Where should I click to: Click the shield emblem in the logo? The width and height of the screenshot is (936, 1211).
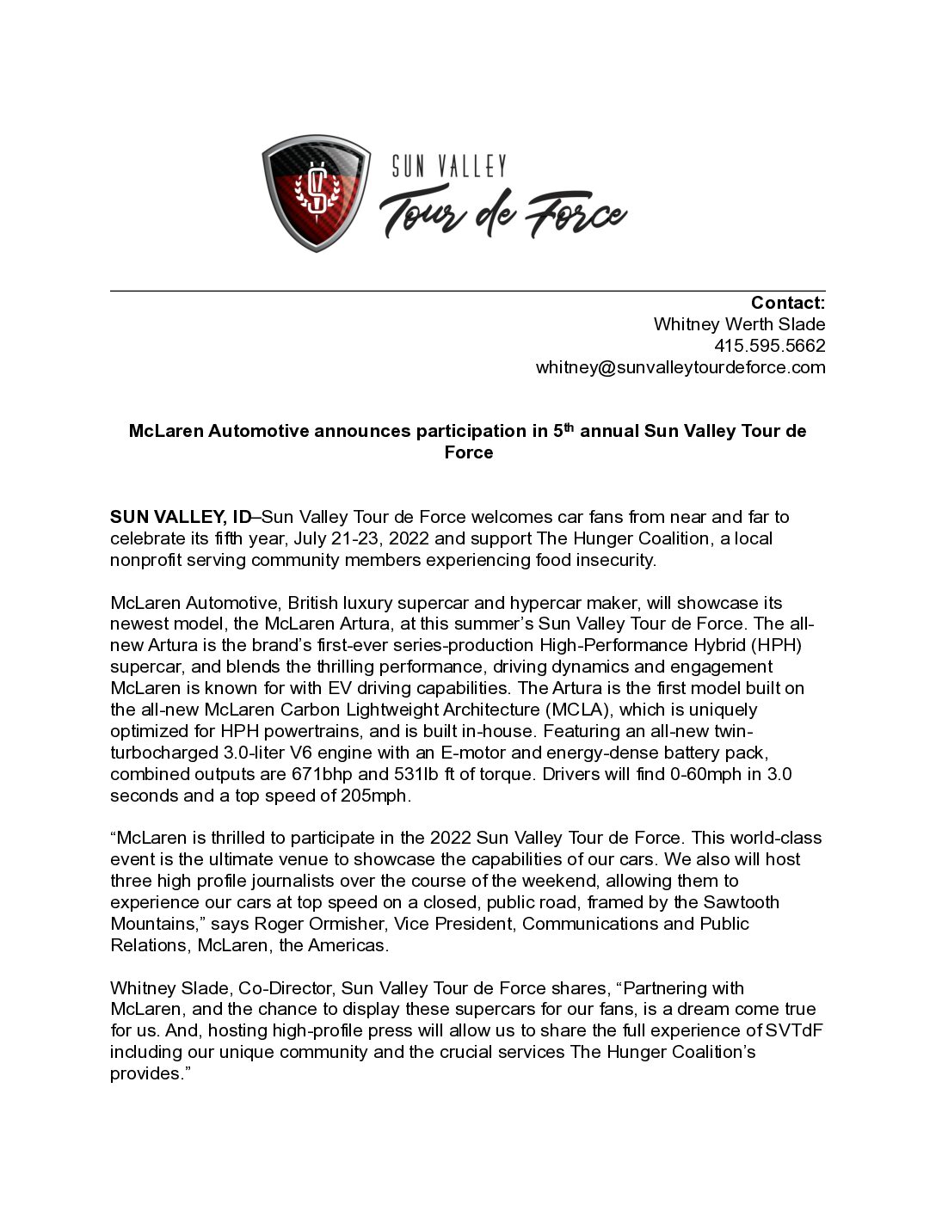pos(317,194)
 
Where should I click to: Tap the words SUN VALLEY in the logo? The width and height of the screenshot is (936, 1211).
pos(449,166)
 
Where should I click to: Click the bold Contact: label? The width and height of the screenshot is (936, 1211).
pos(787,303)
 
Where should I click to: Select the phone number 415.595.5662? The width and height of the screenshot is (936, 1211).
pos(769,346)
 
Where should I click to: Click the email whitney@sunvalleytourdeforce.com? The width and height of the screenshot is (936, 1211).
pos(680,367)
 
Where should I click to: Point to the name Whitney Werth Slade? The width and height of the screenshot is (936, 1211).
pos(739,324)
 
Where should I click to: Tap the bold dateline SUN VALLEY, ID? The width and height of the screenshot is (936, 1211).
pos(181,517)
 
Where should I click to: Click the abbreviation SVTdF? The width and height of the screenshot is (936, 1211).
pos(794,1030)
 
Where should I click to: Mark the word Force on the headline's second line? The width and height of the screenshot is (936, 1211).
pos(468,452)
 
